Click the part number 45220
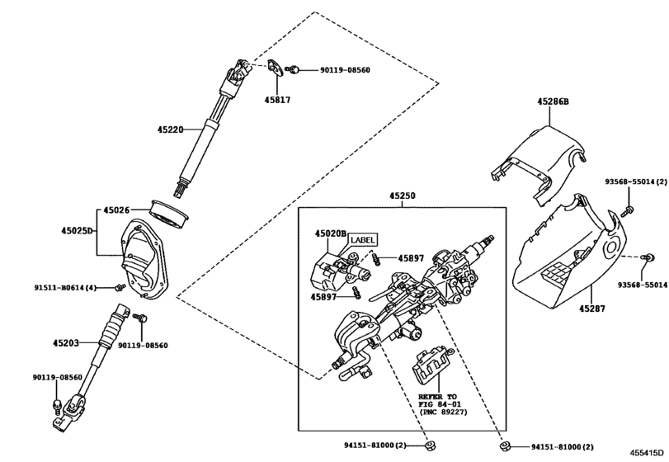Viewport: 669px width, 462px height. pyautogui.click(x=170, y=130)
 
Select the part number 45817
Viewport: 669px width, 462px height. pyautogui.click(x=277, y=101)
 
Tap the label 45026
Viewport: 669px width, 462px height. pyautogui.click(x=116, y=210)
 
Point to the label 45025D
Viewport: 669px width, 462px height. pyautogui.click(x=77, y=231)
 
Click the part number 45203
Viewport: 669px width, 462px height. pyautogui.click(x=66, y=343)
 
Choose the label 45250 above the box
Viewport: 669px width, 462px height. pyautogui.click(x=402, y=196)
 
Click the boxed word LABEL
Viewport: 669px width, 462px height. pyautogui.click(x=364, y=240)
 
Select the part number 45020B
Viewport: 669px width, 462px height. pyautogui.click(x=331, y=233)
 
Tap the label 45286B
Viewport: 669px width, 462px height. pyautogui.click(x=553, y=101)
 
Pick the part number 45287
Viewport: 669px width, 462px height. pyautogui.click(x=591, y=308)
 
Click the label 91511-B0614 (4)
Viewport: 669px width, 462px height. pyautogui.click(x=65, y=288)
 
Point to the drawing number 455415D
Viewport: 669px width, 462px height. pyautogui.click(x=648, y=453)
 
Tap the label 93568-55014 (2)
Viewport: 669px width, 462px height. pyautogui.click(x=636, y=181)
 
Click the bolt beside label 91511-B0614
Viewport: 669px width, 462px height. pyautogui.click(x=120, y=288)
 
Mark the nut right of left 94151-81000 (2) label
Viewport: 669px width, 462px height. pyautogui.click(x=430, y=446)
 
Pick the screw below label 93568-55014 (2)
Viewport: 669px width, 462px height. pyautogui.click(x=629, y=210)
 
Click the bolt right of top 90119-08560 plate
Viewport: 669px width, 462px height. pyautogui.click(x=293, y=69)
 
